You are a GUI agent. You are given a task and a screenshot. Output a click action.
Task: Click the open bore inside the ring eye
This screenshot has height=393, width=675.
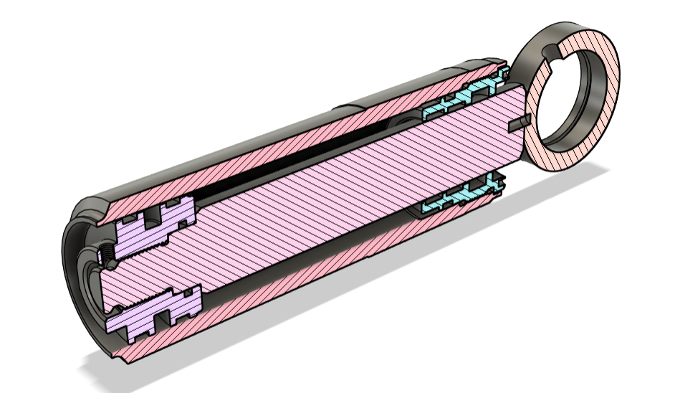(x=573, y=100)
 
